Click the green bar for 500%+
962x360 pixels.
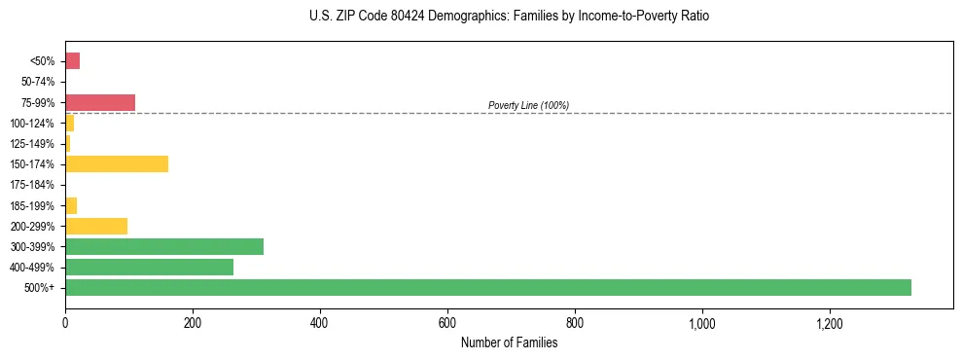(487, 287)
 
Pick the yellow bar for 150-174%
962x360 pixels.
(117, 163)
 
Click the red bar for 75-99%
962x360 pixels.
(100, 102)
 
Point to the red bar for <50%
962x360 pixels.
(72, 61)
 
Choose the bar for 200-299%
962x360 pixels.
(96, 226)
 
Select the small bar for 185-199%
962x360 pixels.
(71, 205)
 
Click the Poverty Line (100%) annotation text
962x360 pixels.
(528, 105)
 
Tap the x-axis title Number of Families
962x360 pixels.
(509, 342)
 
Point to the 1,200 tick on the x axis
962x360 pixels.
(829, 322)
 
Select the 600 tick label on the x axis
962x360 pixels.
(447, 322)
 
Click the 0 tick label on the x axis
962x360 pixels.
(65, 322)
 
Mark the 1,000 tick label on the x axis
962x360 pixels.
(701, 322)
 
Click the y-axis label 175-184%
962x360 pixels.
(35, 185)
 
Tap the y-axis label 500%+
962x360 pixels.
(41, 288)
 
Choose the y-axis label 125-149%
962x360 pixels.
(35, 144)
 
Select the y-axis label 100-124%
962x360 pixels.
(35, 124)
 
